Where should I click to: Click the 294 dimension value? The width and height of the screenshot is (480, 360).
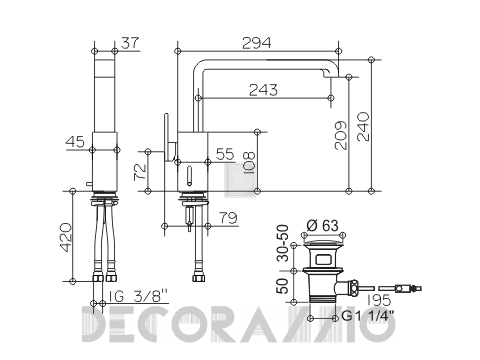coord(256,43)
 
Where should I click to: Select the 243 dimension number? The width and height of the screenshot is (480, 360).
coord(263,90)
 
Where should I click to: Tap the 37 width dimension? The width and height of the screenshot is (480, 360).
coord(129,43)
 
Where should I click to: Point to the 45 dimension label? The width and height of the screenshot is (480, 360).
coord(75,142)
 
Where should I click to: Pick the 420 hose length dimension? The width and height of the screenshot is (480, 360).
coord(65,237)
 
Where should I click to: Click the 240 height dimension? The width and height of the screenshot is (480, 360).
coord(364,127)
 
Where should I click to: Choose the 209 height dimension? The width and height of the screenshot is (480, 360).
coord(341,135)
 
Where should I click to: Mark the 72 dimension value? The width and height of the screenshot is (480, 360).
coord(140,171)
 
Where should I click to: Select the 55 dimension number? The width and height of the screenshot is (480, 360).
coord(225,154)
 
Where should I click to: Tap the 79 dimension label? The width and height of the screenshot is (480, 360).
coord(228,218)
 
